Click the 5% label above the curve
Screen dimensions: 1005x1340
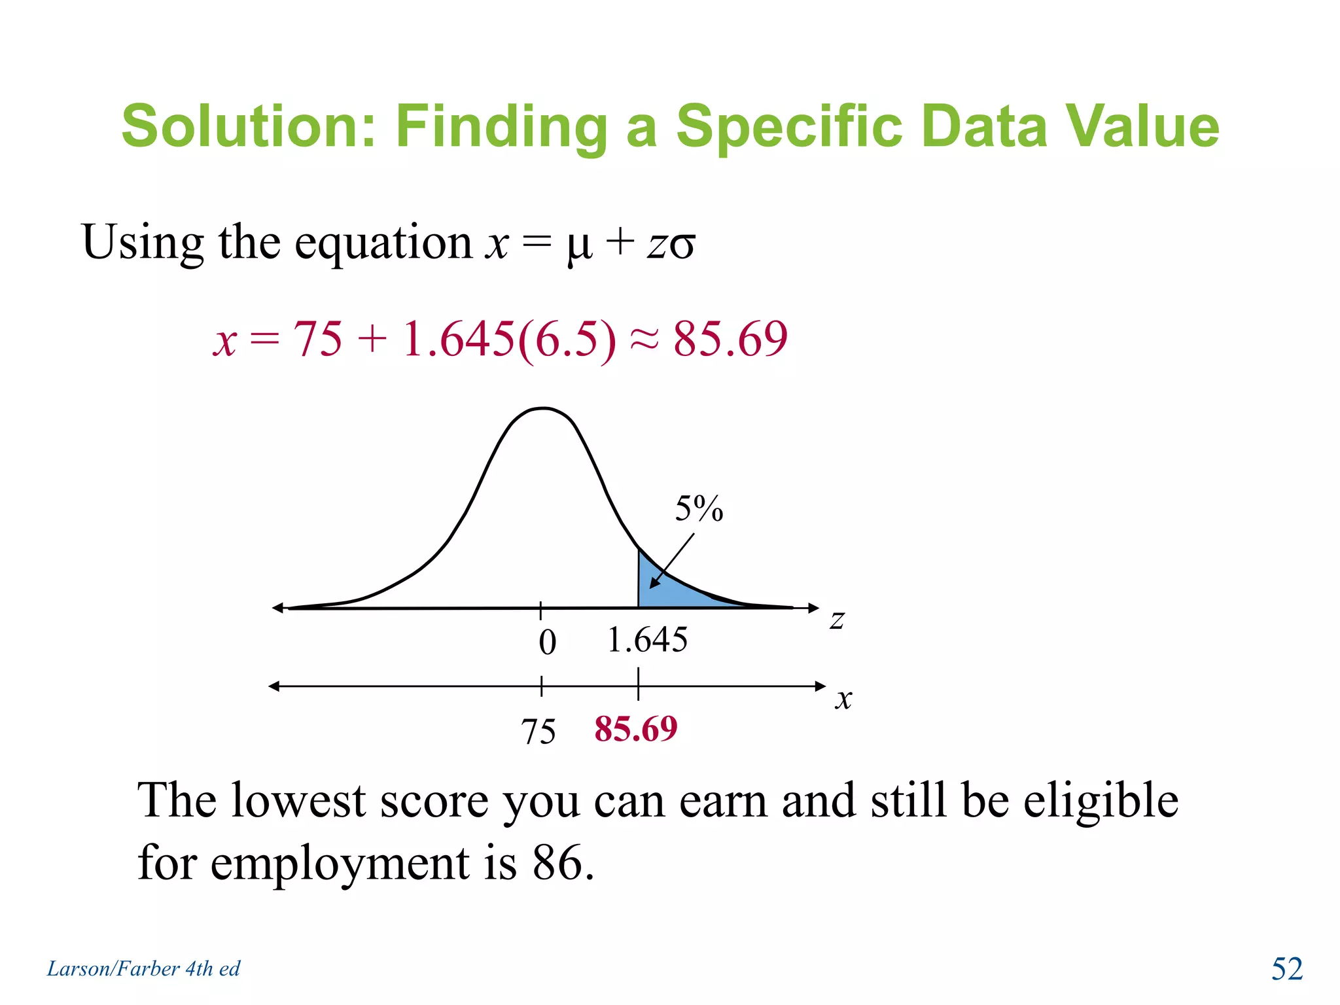(x=699, y=508)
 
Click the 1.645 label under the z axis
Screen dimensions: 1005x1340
(x=647, y=639)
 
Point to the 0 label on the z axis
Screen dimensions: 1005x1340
(x=547, y=642)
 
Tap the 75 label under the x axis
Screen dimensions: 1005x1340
(x=538, y=731)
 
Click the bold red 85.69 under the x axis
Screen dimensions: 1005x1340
(x=635, y=728)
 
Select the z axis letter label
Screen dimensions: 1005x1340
(x=837, y=619)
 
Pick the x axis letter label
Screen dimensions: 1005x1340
(x=843, y=699)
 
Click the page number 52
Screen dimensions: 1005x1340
(x=1286, y=968)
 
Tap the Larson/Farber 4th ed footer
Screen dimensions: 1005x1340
(x=143, y=968)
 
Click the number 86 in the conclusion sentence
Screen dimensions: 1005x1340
(x=557, y=862)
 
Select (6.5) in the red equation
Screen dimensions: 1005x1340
(x=567, y=339)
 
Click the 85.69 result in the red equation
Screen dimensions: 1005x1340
(x=730, y=339)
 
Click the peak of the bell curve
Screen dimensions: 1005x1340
(x=544, y=409)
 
